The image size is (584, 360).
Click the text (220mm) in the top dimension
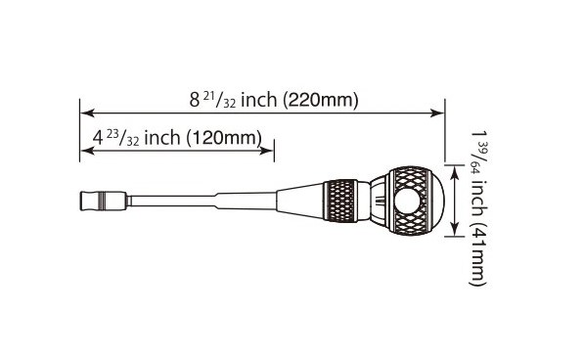click(x=320, y=100)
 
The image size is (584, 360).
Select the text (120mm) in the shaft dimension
click(x=223, y=138)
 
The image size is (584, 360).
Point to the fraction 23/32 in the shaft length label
click(x=123, y=138)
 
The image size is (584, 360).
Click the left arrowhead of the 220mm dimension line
click(x=87, y=112)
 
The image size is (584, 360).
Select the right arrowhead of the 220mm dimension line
click(x=437, y=112)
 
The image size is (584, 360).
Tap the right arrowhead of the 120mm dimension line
click(x=267, y=151)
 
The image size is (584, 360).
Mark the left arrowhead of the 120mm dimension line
click(x=87, y=151)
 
